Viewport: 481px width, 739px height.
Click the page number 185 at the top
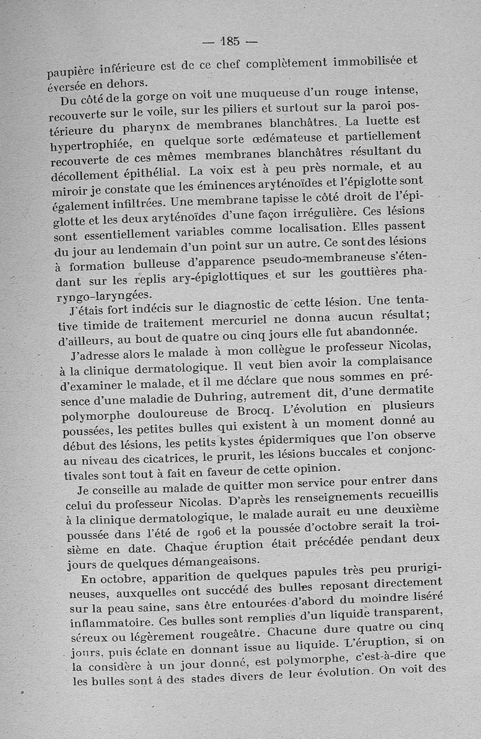pyautogui.click(x=230, y=42)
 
